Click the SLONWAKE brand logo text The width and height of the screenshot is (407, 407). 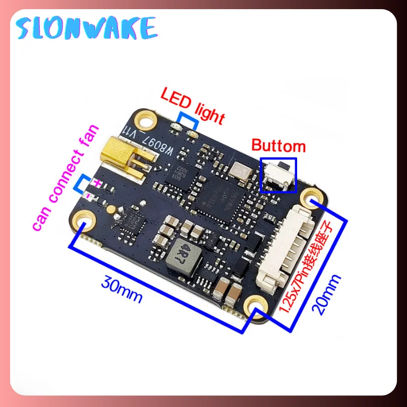86,27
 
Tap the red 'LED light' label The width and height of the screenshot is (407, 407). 192,104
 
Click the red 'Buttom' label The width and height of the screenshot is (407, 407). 279,147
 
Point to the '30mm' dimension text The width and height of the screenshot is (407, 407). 122,287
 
